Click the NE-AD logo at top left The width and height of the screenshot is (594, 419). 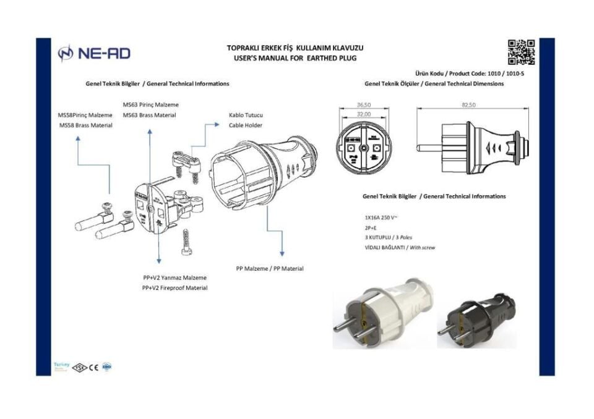tap(93, 54)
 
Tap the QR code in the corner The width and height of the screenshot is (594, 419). tap(520, 52)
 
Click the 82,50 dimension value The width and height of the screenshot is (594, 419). tap(468, 106)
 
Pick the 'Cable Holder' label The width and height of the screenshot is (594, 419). tap(246, 125)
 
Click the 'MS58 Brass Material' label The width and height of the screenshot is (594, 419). tap(85, 125)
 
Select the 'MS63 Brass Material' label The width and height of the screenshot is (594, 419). tap(149, 116)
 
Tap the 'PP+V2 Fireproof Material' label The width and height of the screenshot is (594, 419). tap(175, 288)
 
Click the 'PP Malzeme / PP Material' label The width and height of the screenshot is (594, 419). tap(270, 269)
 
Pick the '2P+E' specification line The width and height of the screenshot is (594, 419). tap(372, 228)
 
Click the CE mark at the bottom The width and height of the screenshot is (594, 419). tap(94, 367)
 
